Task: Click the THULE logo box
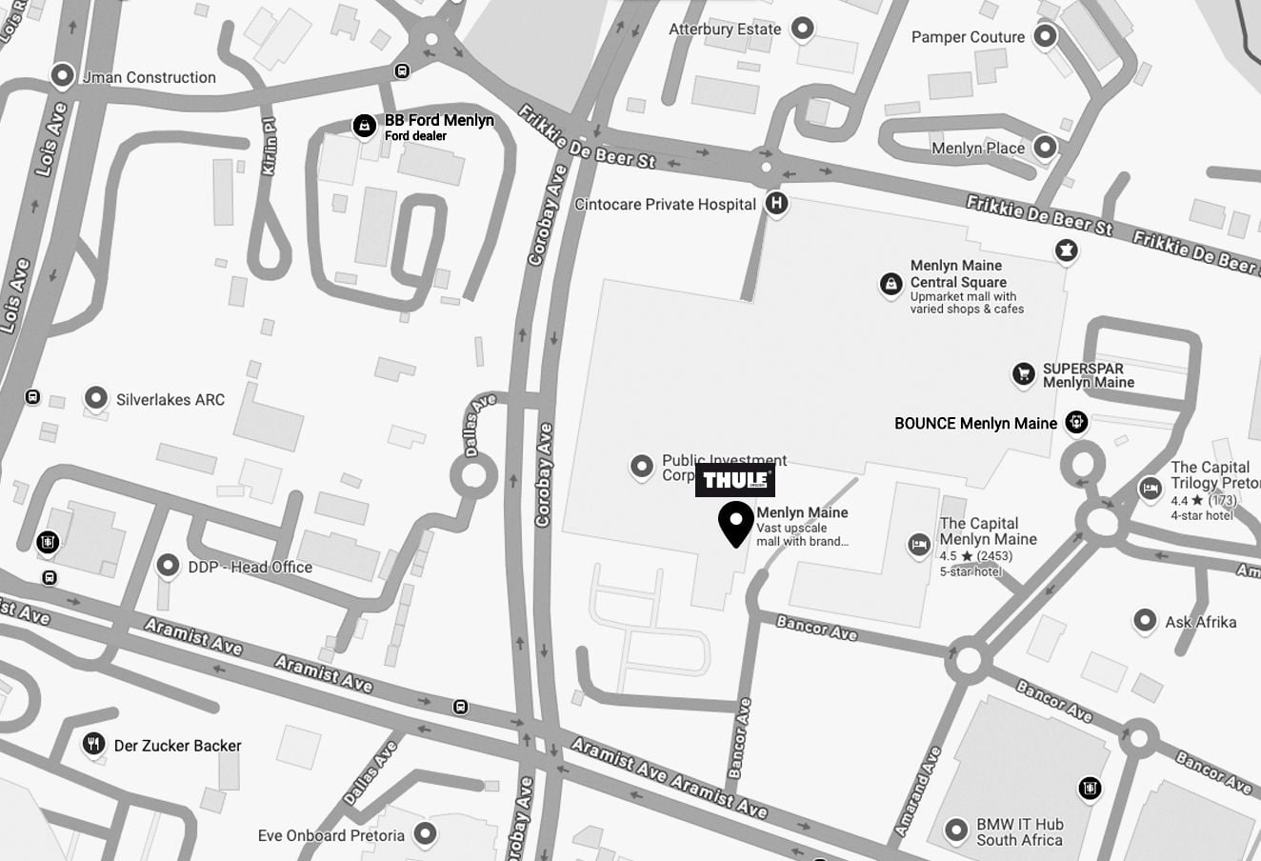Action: click(734, 480)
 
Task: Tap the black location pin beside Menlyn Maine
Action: click(735, 523)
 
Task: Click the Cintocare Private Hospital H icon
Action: click(777, 203)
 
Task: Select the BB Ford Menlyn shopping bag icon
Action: click(364, 126)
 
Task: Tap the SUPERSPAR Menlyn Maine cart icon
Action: click(1024, 374)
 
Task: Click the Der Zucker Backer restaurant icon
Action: click(93, 744)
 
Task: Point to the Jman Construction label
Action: click(149, 77)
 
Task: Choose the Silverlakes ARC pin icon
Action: click(95, 398)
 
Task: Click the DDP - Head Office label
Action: click(250, 567)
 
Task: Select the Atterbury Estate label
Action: click(725, 30)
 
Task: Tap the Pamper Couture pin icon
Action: click(1046, 37)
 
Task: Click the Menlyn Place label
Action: click(978, 148)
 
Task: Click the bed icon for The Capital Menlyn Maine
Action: click(918, 544)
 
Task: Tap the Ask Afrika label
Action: click(1200, 622)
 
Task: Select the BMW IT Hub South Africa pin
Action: click(956, 830)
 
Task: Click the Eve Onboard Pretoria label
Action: click(330, 835)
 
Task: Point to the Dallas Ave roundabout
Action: click(473, 475)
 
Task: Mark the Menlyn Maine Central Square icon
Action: click(891, 284)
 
